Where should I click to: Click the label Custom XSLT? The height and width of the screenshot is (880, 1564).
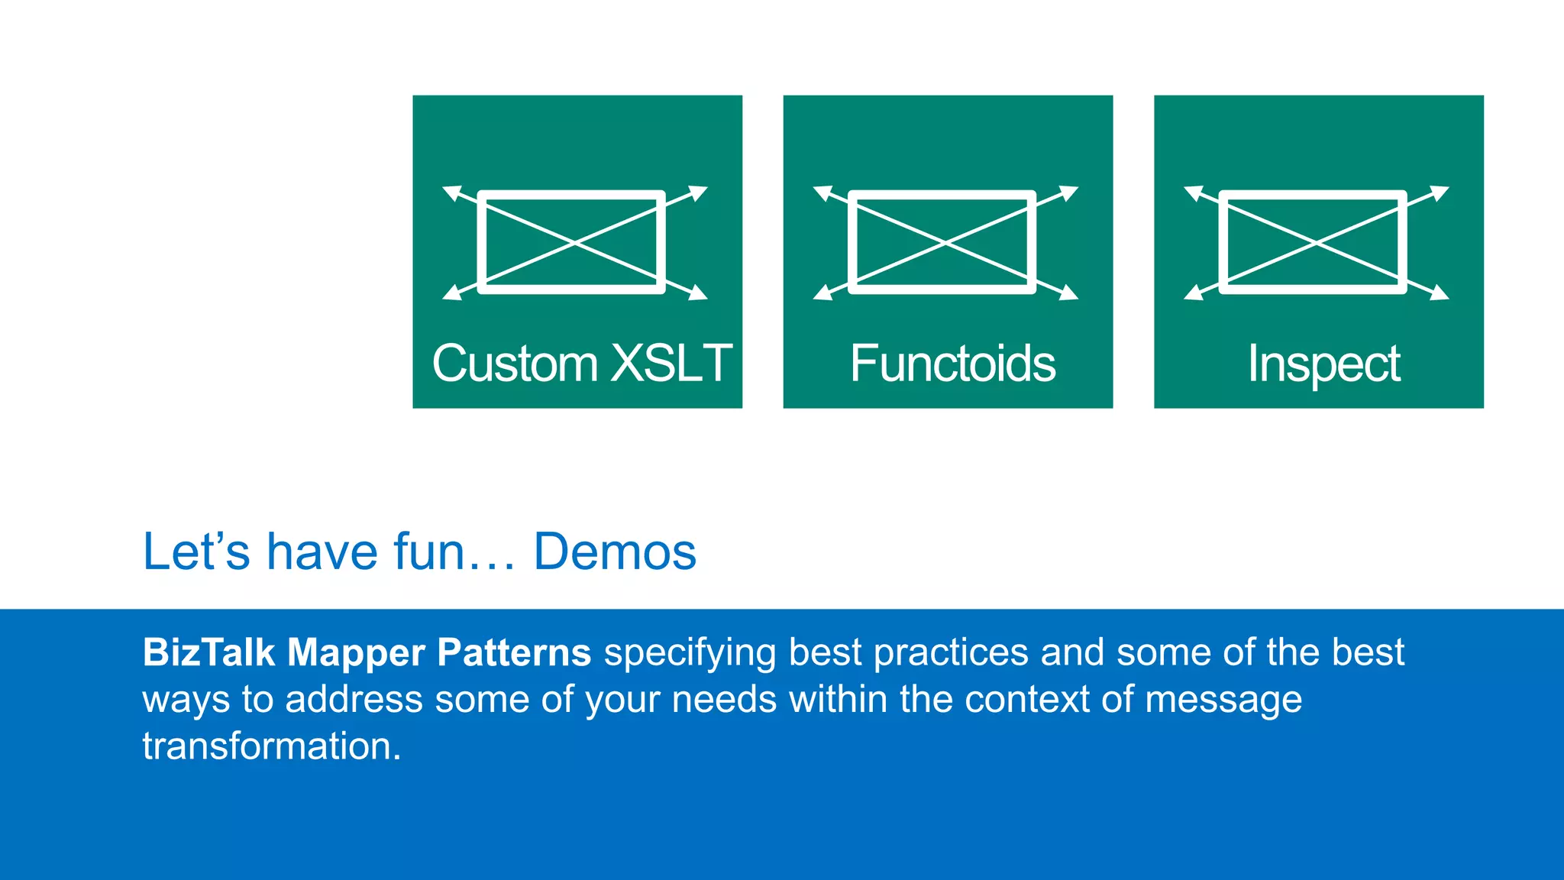[x=582, y=363]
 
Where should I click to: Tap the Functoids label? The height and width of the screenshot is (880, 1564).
[x=952, y=363]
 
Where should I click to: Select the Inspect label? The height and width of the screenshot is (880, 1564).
[x=1323, y=364]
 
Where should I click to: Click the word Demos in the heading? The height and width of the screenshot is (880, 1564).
[x=614, y=552]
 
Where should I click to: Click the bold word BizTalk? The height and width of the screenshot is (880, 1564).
[x=208, y=652]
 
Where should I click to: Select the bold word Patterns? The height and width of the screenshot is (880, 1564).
[x=513, y=652]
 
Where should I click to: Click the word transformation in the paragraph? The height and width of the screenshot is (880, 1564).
[x=271, y=746]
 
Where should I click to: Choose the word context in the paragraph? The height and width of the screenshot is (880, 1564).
[x=1026, y=700]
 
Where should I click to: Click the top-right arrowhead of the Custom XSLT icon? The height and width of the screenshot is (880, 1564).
[x=699, y=192]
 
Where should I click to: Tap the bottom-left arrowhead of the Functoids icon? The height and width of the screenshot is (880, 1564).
[x=822, y=293]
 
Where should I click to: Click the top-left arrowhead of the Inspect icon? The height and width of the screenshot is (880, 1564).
[x=1193, y=192]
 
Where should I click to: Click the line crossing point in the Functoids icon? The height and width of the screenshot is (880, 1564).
[x=945, y=242]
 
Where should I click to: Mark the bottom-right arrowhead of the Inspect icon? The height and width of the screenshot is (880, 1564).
[x=1440, y=293]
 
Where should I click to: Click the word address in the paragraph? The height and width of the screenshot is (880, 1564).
[x=354, y=700]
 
